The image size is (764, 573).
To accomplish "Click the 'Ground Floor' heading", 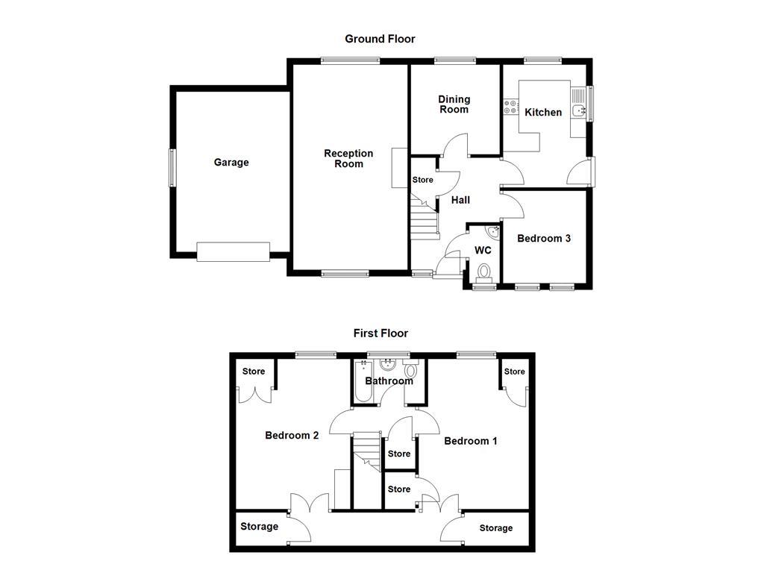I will point(380,39).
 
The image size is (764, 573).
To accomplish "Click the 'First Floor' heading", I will point(381,334).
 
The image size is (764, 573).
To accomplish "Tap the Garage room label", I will point(231,163).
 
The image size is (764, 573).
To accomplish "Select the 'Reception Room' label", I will point(348,158).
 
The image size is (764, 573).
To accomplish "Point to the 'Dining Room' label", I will point(454,104).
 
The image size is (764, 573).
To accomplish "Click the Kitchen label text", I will point(543,113).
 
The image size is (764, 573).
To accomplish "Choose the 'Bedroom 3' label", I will point(544,239).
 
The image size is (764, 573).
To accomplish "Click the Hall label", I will point(460,200).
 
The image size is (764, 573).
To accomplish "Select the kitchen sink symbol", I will point(579,110).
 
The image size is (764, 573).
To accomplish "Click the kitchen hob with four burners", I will point(511,107).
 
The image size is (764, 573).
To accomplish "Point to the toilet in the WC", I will point(484,272).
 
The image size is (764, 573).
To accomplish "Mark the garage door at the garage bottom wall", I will point(233,252).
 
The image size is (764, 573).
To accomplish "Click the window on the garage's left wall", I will point(172,168).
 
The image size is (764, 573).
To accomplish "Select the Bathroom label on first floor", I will point(389,381).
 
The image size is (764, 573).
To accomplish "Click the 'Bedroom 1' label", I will point(471,441).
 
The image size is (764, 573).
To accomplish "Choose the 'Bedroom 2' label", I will point(292,436).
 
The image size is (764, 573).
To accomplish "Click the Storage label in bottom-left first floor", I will point(260,527).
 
